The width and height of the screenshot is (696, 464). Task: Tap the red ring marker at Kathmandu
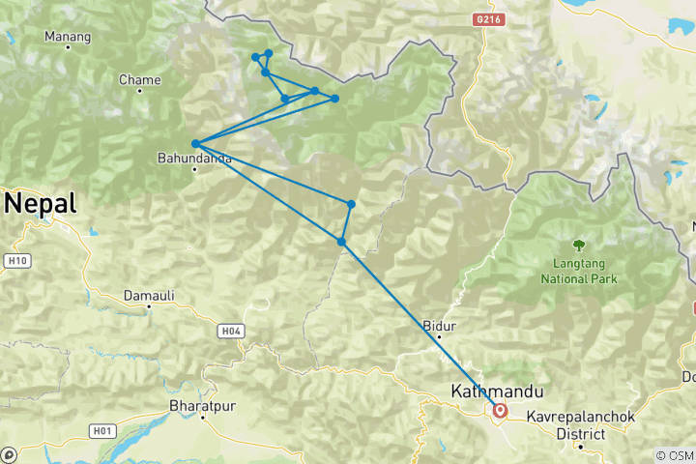point(501,410)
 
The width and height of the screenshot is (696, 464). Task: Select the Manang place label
point(68,37)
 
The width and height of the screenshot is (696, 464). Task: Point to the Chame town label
point(139,79)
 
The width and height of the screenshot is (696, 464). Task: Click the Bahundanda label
point(195,157)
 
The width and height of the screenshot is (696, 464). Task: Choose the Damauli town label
point(147,294)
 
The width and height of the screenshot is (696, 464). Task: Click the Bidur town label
point(439,326)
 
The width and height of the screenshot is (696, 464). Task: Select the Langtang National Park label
point(579,272)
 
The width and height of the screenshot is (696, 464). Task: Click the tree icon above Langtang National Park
point(579,246)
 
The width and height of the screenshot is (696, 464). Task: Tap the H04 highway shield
point(229,332)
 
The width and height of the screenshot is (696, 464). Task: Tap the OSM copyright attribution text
point(674,455)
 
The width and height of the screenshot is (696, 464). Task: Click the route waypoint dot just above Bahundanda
point(195,144)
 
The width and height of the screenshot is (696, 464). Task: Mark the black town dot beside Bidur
point(439,337)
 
